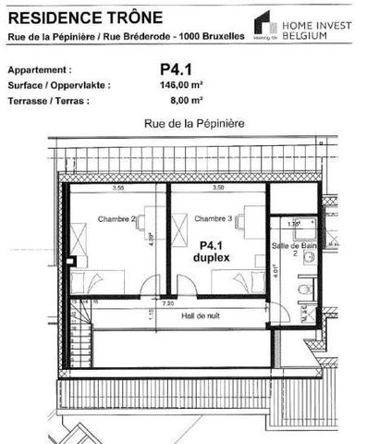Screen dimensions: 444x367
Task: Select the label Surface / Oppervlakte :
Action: tap(58, 85)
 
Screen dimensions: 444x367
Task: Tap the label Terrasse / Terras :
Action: tap(49, 100)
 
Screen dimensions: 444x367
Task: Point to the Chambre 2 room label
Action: tap(116, 218)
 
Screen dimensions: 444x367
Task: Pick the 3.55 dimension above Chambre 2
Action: tap(118, 188)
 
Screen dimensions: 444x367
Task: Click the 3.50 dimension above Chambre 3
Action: tap(218, 188)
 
